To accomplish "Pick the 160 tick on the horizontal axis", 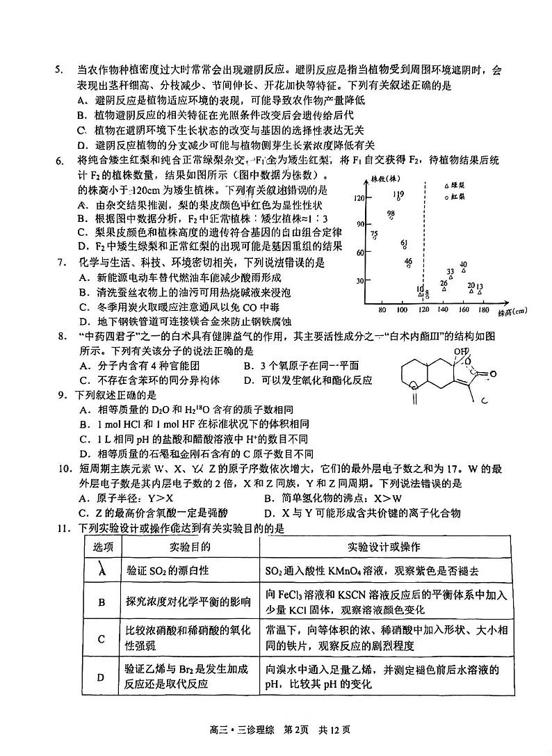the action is click(x=463, y=309).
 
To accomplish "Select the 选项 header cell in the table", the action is click(x=102, y=546).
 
